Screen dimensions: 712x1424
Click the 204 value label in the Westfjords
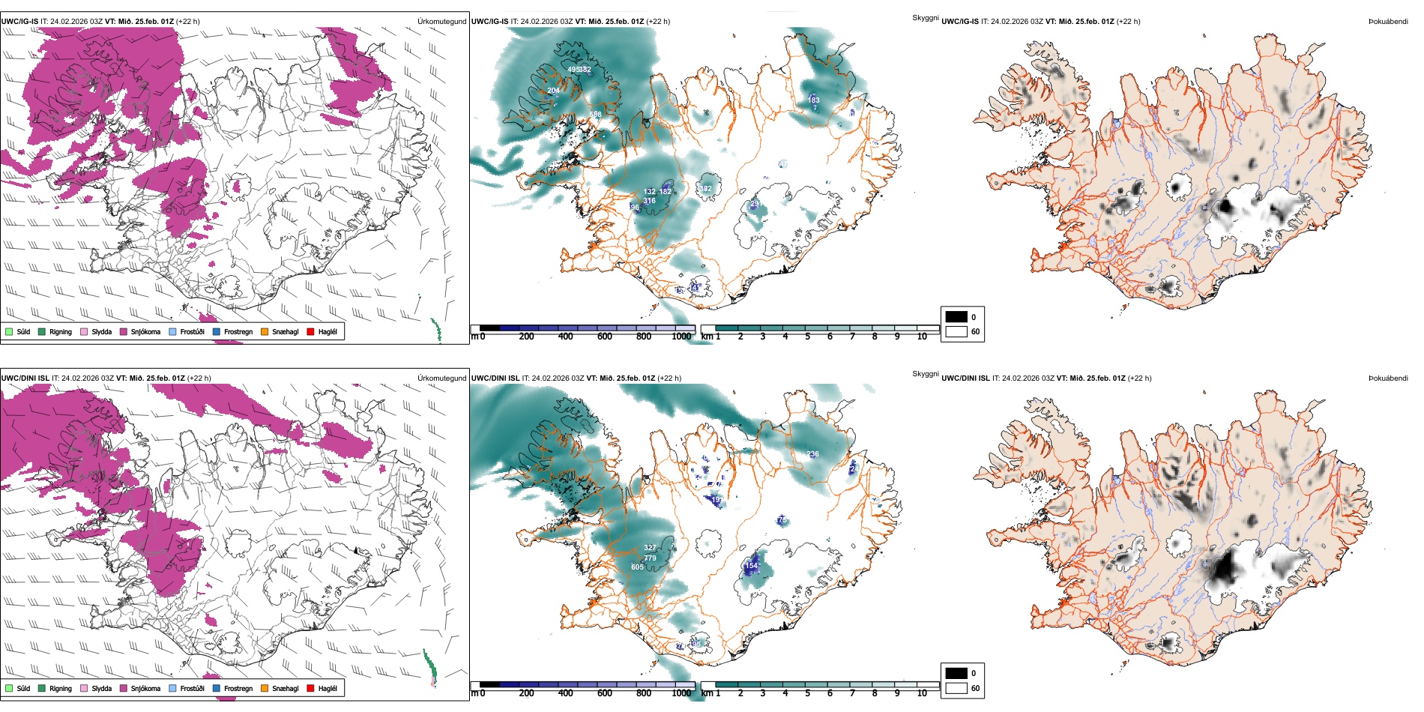coord(553,91)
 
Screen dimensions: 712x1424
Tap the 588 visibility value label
coord(595,115)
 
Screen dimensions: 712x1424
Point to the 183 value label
coord(813,100)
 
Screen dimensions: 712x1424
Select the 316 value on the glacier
coord(649,201)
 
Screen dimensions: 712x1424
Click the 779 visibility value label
coord(650,558)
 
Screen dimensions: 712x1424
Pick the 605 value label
coord(637,567)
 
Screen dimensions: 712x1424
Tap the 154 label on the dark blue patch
coord(751,566)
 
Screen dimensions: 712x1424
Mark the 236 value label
coord(813,454)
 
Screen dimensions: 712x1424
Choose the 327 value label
coord(649,548)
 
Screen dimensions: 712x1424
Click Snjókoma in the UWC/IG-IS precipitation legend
coord(145,331)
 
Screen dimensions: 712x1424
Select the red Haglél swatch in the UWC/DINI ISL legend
coord(310,688)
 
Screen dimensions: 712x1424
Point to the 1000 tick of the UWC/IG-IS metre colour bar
coord(681,337)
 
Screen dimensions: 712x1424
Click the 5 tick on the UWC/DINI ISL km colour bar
coord(807,693)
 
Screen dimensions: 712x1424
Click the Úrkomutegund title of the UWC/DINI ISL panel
coord(441,378)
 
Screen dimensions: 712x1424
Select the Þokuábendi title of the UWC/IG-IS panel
coord(1388,22)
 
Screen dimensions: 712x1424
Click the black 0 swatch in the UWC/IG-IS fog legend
coord(956,317)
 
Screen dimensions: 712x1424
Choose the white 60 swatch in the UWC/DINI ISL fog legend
coord(956,688)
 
